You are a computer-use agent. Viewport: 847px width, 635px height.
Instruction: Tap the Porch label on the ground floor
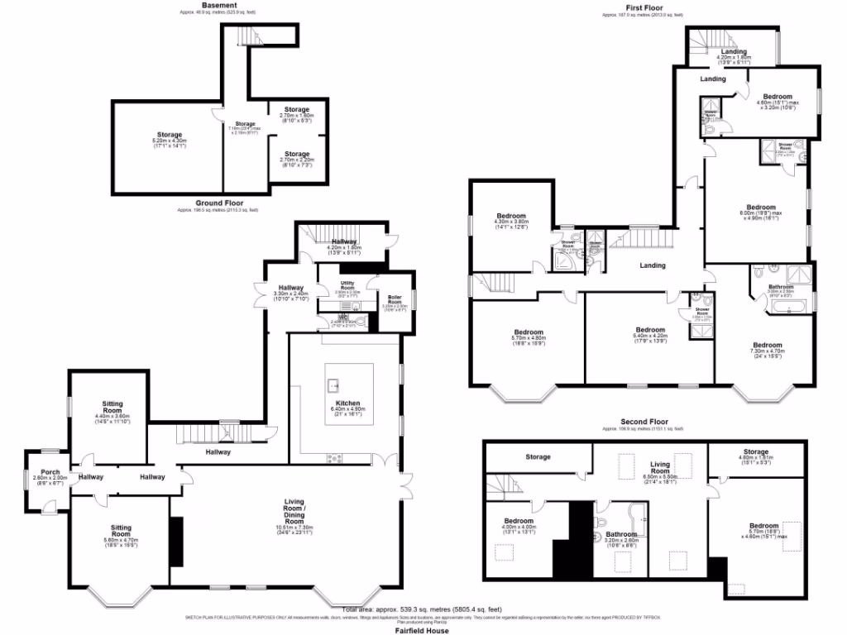click(x=39, y=473)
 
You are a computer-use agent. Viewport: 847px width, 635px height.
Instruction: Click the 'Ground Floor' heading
click(x=217, y=203)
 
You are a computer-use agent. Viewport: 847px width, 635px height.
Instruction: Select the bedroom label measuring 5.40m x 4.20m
click(x=649, y=333)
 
